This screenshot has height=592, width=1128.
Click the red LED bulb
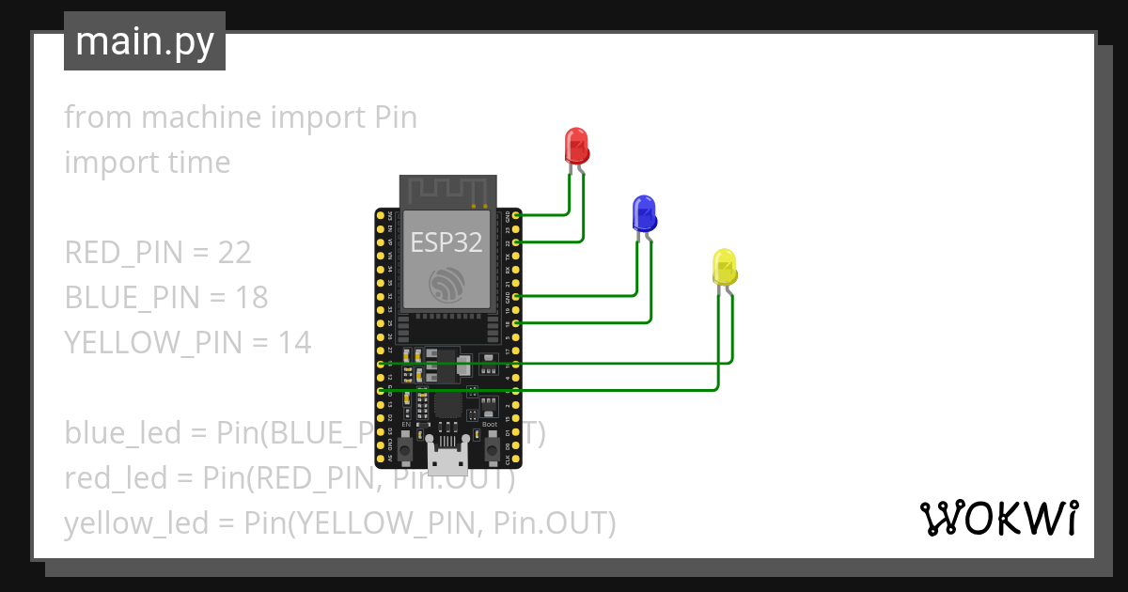(576, 147)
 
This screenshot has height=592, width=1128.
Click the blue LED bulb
(644, 214)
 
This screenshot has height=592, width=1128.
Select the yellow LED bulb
(724, 268)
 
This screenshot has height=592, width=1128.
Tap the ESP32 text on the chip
(446, 242)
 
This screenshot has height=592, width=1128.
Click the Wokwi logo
(997, 518)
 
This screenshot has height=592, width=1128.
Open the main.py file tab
(145, 41)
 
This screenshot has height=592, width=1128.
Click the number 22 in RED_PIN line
(234, 253)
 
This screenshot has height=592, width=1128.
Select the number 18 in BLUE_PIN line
(251, 298)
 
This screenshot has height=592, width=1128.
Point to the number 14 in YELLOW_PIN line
(293, 343)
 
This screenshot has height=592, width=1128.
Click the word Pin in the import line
(396, 118)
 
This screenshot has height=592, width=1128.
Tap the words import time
(148, 163)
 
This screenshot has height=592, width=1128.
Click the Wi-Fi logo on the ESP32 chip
(446, 285)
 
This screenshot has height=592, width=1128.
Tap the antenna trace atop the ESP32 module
(446, 192)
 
